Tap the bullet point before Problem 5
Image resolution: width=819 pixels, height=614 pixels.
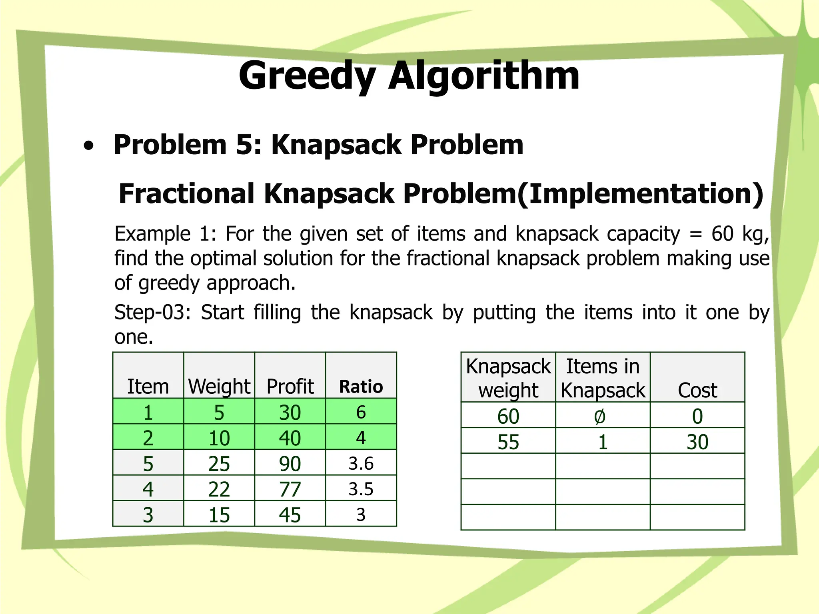89,146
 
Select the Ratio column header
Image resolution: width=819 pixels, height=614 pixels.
361,387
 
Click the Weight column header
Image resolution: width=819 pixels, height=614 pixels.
219,387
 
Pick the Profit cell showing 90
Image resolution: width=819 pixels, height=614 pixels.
290,464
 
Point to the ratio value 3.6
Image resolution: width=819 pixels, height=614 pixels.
361,464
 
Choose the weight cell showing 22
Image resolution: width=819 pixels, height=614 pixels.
219,489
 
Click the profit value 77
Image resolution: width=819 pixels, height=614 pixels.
290,489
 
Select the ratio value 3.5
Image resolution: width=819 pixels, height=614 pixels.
361,489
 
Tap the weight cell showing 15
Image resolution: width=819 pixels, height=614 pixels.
219,515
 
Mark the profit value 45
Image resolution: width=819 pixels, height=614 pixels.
290,515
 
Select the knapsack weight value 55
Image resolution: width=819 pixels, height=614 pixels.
508,442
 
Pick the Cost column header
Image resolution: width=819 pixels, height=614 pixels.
697,390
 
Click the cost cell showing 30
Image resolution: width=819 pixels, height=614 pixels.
697,442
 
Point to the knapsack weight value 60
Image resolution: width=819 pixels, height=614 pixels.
508,417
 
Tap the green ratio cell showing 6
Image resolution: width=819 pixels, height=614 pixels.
361,412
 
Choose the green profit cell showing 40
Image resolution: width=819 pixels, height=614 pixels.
290,438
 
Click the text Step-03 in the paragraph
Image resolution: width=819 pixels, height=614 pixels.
152,313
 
